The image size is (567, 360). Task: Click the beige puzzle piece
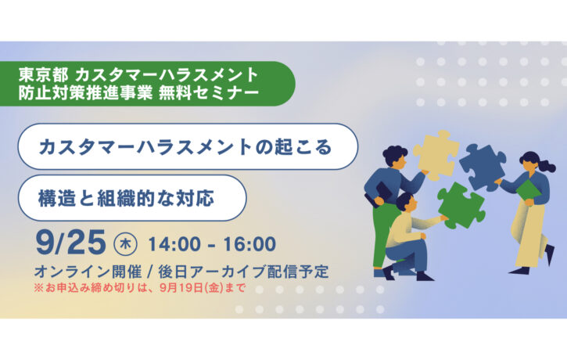435,154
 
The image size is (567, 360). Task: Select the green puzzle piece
461,205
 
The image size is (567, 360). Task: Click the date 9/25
71,243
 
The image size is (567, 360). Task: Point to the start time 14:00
174,244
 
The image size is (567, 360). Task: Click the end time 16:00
249,244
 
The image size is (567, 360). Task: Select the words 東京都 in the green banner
43,75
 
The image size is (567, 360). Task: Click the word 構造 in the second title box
57,198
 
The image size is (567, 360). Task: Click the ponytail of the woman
547,166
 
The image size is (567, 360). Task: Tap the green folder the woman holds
529,190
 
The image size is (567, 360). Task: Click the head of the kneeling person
406,203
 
